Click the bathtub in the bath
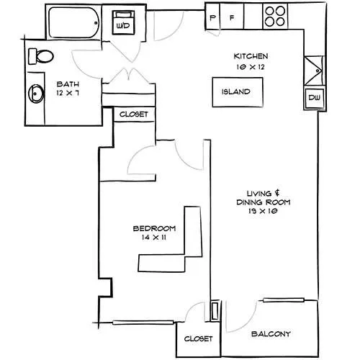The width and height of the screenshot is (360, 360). click(x=74, y=22)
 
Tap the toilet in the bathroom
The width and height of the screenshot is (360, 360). click(x=41, y=56)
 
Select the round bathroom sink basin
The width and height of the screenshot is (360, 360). click(x=36, y=94)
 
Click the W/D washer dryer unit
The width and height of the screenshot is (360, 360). click(x=123, y=22)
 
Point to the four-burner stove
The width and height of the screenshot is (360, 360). click(x=275, y=17)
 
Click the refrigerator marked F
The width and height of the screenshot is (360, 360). click(x=232, y=17)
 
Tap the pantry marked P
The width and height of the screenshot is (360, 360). click(x=212, y=17)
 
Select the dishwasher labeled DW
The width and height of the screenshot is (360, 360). click(x=315, y=98)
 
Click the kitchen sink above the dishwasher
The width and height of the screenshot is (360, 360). click(x=315, y=71)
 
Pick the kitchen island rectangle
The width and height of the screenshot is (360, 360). click(x=238, y=92)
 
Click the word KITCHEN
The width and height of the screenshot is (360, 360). click(x=251, y=56)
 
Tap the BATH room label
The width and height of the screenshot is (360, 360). click(x=68, y=84)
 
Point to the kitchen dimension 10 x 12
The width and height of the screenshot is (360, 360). click(x=251, y=67)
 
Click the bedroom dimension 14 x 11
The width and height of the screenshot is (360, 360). click(x=154, y=238)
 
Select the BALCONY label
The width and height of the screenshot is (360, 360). click(x=271, y=334)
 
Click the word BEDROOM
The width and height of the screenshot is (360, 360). click(x=154, y=228)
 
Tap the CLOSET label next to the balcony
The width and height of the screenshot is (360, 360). click(x=198, y=338)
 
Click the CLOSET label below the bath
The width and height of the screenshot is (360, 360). click(x=134, y=114)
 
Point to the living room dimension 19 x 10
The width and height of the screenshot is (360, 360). click(x=263, y=211)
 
